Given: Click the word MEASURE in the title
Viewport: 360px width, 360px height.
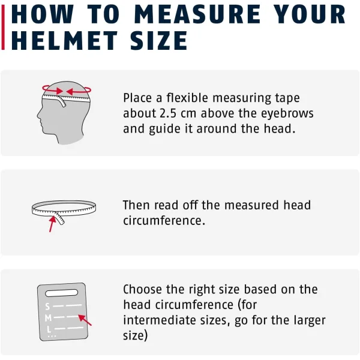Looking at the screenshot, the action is pos(197,14).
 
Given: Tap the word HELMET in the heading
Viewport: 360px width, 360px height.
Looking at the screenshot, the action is pos(64,41).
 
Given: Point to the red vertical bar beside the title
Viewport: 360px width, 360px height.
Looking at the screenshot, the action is pos(3,27).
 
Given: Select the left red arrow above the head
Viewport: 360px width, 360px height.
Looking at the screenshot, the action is pos(53,90).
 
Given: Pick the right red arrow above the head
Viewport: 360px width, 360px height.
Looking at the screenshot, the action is pos(79,91).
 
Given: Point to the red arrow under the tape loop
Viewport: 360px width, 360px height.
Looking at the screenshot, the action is pos(52,224).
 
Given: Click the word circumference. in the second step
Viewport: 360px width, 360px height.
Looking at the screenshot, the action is pos(164,220).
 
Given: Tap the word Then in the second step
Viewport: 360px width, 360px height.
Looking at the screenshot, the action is pos(136,205).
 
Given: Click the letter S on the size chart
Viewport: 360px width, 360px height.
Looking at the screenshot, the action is pos(47,306).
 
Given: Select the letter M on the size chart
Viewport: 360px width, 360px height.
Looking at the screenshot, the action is pos(48,318).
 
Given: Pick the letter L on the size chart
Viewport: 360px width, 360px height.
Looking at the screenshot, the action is pos(49,329).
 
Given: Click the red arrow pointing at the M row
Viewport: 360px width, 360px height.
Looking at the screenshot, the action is pos(85,320).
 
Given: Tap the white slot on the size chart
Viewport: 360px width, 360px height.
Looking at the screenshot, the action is pos(62,293).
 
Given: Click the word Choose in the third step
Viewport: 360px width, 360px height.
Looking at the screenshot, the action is pos(142,289).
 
